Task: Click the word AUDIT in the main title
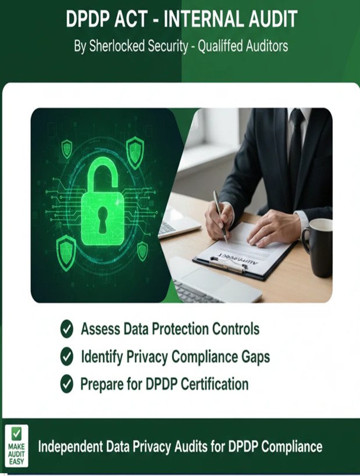(x=259, y=20)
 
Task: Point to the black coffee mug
(x=318, y=246)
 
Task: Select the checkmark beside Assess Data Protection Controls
(x=67, y=329)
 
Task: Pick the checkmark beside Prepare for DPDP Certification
(x=67, y=384)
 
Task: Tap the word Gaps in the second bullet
(x=254, y=356)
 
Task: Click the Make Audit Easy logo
(x=16, y=446)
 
